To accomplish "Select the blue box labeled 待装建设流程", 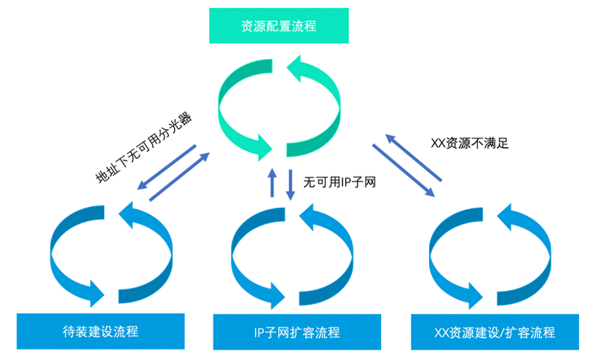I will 101,332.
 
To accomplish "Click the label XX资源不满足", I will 470,143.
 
